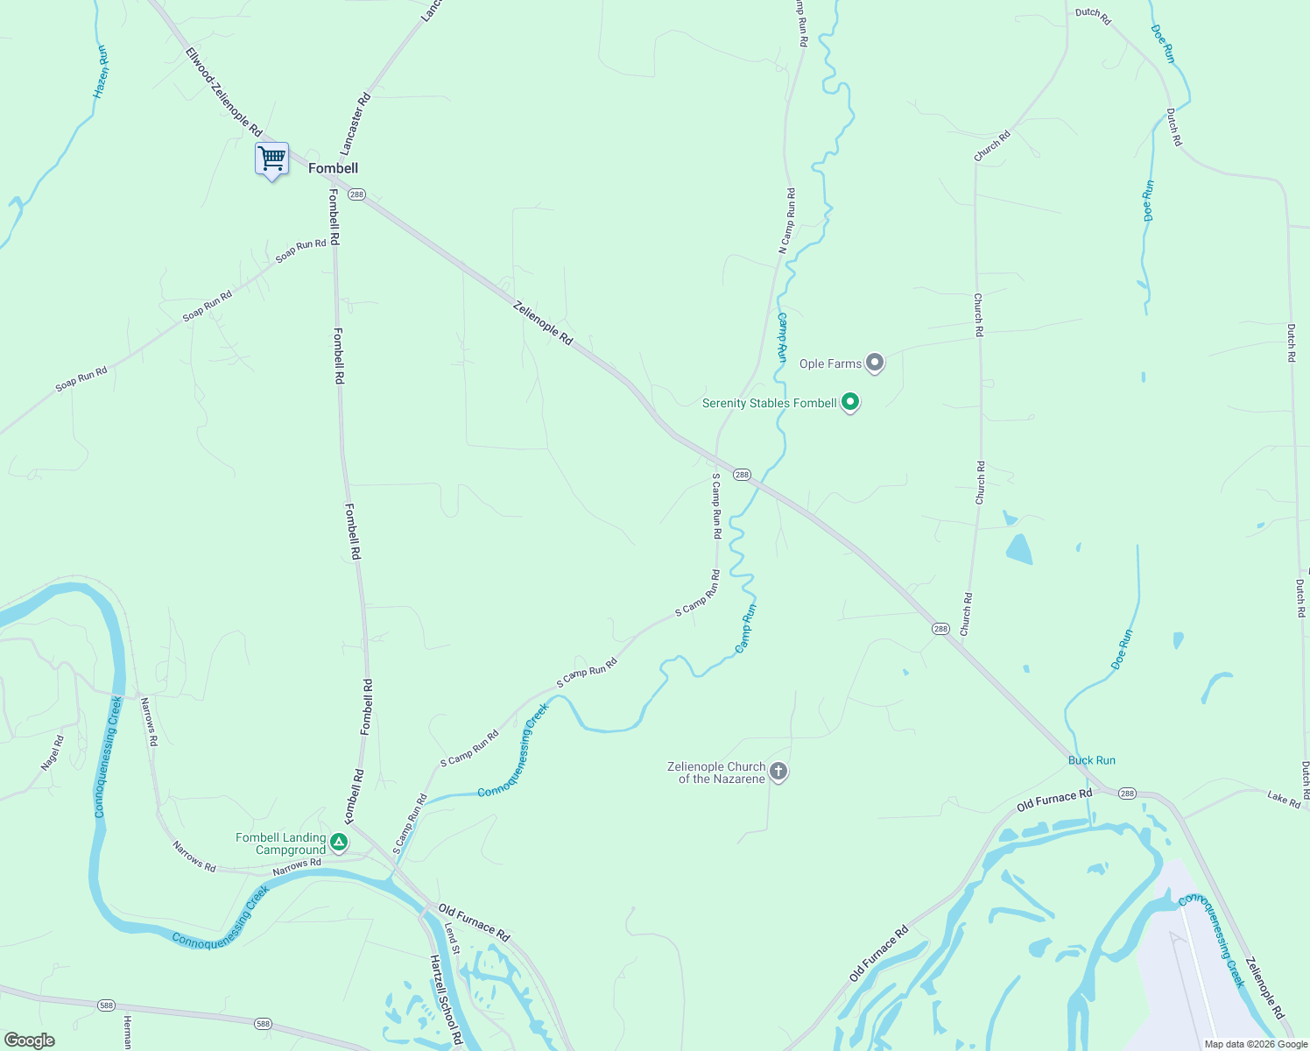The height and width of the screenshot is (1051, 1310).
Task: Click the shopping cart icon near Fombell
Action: (x=271, y=159)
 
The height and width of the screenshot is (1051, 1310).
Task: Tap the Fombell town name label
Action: (x=333, y=168)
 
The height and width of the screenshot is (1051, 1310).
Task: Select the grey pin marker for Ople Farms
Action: (x=874, y=363)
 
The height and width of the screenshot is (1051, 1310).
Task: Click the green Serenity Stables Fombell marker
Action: (x=849, y=403)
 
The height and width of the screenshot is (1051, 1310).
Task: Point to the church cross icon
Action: (x=778, y=772)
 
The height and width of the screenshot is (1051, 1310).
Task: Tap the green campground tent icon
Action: (x=339, y=843)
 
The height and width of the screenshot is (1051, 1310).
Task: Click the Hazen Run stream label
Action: (x=102, y=72)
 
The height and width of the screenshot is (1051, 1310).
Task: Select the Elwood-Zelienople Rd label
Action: (x=223, y=91)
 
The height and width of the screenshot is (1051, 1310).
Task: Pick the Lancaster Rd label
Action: (x=356, y=123)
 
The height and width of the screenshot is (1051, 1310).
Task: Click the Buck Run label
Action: (x=1091, y=760)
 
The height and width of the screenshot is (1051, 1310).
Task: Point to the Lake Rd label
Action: (x=1283, y=798)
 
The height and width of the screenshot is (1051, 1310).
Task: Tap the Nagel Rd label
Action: (x=53, y=752)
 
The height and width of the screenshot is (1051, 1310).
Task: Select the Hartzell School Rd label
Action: (x=445, y=999)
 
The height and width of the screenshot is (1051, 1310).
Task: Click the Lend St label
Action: (x=451, y=938)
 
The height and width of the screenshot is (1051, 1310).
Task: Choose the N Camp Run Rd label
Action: (x=787, y=222)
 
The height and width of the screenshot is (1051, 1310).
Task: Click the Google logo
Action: (x=29, y=1040)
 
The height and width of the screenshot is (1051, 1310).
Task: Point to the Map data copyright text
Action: (x=1255, y=1044)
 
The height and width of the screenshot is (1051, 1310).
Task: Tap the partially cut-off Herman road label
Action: (x=127, y=1033)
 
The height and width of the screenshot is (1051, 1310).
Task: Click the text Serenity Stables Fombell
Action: (x=769, y=403)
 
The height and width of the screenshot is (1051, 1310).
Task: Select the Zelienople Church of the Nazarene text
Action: (x=716, y=772)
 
